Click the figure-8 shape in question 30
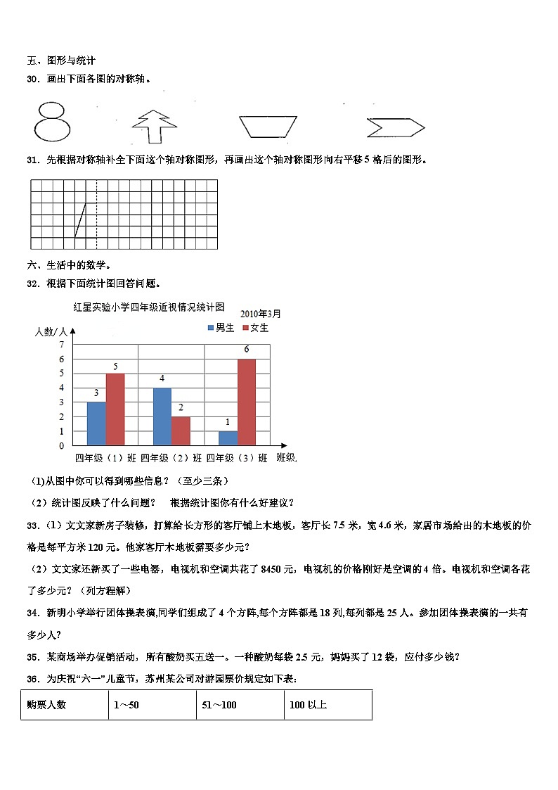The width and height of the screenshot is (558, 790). tap(52, 122)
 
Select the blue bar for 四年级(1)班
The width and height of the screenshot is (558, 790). tap(96, 423)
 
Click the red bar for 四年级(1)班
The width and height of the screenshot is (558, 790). tap(115, 409)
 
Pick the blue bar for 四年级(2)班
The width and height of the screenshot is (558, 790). tap(162, 416)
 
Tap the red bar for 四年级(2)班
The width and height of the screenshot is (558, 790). tap(181, 431)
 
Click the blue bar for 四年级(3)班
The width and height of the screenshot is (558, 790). tap(228, 438)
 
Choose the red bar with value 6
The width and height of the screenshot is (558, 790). tap(247, 402)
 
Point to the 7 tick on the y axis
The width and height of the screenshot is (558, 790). tap(62, 344)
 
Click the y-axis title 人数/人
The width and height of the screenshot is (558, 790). tap(51, 331)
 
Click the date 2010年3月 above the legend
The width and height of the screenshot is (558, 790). tap(260, 313)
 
